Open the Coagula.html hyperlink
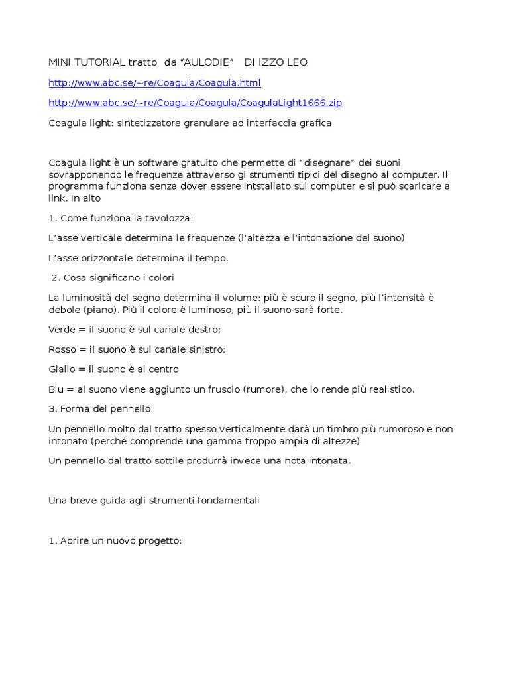154,83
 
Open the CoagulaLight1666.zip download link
196,103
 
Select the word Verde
62,330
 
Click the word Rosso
62,349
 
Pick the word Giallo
62,369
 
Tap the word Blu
56,389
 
